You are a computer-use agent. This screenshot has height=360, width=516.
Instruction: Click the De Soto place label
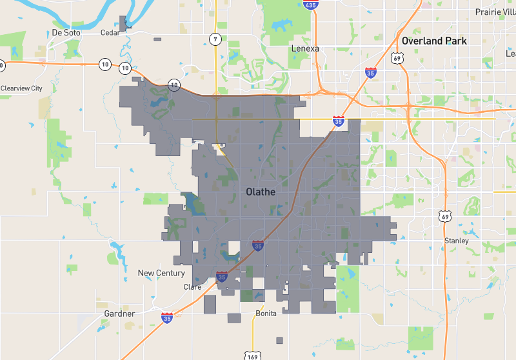pos(65,32)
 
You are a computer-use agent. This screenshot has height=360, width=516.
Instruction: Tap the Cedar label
pos(110,32)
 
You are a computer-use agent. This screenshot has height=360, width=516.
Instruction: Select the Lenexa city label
pos(305,48)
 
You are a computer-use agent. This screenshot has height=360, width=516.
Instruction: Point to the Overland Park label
pos(433,41)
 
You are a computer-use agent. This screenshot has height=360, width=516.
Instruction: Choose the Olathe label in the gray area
pos(261,192)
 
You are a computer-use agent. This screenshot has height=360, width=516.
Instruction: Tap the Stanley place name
pos(456,241)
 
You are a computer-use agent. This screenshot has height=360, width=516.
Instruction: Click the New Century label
pos(161,273)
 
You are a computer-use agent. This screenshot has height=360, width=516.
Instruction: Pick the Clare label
pos(192,287)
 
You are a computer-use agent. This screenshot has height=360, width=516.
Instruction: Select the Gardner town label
pos(119,314)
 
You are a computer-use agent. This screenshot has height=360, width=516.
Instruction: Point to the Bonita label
pos(266,314)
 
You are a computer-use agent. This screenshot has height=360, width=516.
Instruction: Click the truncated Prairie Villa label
pos(495,12)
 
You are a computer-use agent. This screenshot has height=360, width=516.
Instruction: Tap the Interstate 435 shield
pos(311,5)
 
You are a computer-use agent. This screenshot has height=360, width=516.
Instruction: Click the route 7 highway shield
pos(215,39)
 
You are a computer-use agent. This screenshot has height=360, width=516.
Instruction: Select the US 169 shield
pos(252,355)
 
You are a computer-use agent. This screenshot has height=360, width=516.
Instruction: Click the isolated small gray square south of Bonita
pos(279,340)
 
